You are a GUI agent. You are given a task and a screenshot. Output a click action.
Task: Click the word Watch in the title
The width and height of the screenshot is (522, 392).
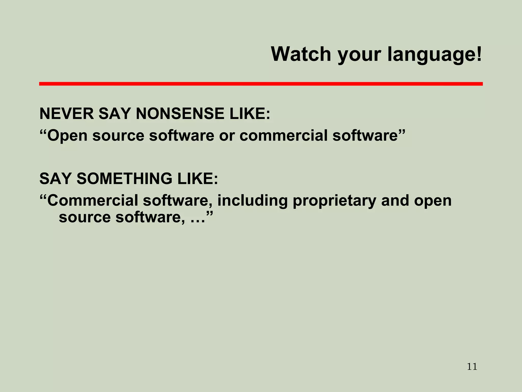(x=301, y=54)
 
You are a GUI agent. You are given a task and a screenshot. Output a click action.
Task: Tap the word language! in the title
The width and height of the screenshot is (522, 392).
(x=435, y=55)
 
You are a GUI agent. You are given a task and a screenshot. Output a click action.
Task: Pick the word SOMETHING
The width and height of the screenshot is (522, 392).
(x=124, y=178)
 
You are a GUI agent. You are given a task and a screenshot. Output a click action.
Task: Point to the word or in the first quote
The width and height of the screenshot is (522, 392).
(x=227, y=136)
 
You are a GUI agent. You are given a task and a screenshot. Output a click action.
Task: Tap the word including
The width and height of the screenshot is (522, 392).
(x=252, y=201)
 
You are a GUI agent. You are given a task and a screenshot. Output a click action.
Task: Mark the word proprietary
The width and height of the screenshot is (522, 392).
(x=334, y=201)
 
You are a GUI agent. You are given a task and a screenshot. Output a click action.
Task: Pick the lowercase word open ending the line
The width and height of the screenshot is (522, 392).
(x=433, y=201)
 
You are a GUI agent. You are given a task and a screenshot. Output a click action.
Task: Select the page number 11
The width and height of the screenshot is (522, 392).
(x=472, y=367)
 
